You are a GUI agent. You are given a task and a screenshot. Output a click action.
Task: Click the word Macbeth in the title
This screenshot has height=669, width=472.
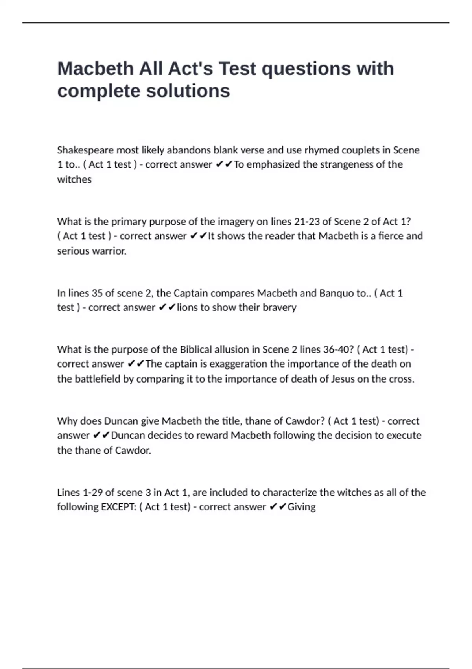[95, 69]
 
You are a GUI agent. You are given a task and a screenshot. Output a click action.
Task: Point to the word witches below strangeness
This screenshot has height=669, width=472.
[74, 179]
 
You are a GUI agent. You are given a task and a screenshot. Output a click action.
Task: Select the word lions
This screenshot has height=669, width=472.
[187, 307]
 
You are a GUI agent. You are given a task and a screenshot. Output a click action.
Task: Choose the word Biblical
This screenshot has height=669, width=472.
[199, 349]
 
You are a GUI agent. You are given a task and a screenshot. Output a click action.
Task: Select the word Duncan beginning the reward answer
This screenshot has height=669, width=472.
[128, 435]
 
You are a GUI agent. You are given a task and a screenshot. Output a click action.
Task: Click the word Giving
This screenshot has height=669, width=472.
[302, 507]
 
